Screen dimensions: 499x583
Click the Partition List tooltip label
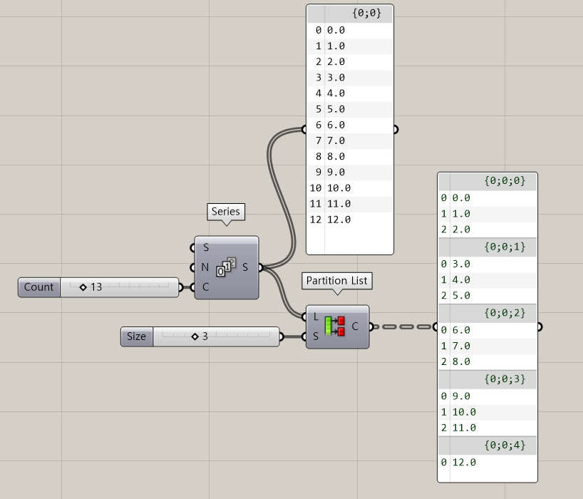(x=336, y=281)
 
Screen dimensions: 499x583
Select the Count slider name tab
(x=39, y=287)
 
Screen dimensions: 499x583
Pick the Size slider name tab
(x=136, y=336)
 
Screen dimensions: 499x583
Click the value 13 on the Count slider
(x=96, y=287)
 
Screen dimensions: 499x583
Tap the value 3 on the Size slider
(x=204, y=336)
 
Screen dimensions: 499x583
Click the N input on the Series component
(x=205, y=268)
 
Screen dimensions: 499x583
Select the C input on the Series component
(x=205, y=287)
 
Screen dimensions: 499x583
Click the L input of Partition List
(x=315, y=317)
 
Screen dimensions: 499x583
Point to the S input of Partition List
(x=315, y=336)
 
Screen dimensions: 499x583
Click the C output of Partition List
(x=355, y=327)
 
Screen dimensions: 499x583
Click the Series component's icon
(x=227, y=268)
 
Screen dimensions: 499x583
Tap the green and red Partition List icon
(x=334, y=327)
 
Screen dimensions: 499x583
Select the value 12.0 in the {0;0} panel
(x=339, y=220)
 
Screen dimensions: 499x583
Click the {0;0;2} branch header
(x=505, y=313)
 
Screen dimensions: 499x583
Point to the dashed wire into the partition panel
(x=403, y=327)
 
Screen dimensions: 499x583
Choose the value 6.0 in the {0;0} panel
(x=336, y=125)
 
